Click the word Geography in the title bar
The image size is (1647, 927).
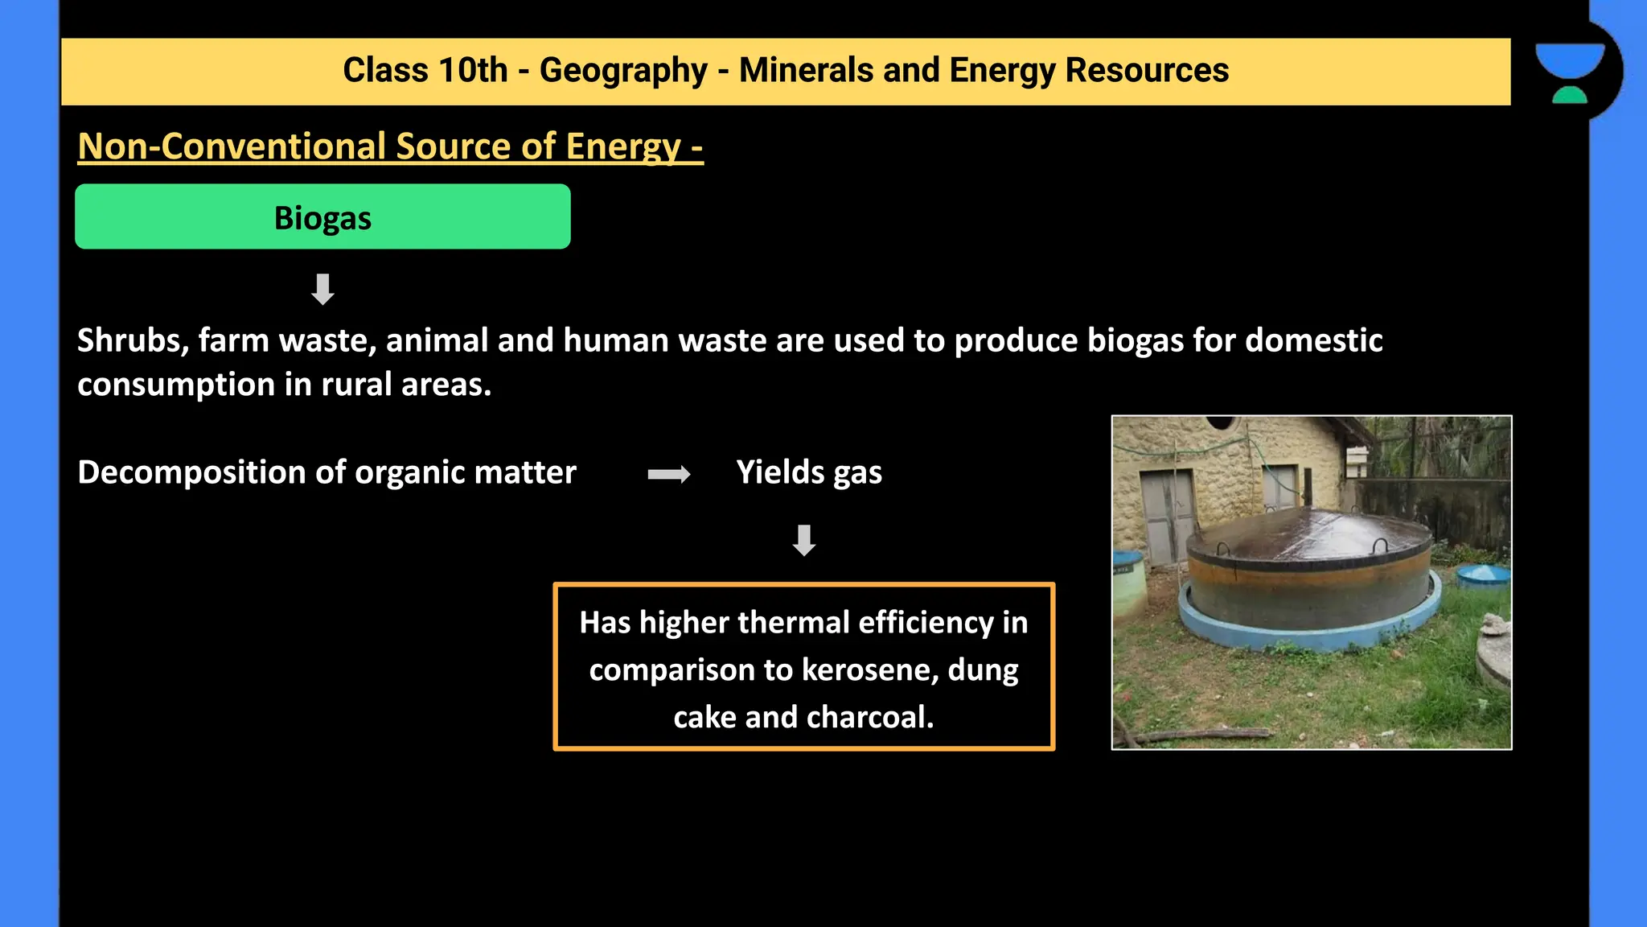623,71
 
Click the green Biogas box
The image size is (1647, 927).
322,217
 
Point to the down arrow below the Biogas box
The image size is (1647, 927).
322,289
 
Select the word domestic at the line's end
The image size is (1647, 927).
1314,341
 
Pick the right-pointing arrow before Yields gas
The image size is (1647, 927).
669,474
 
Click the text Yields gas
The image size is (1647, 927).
809,473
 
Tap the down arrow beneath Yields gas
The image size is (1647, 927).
804,540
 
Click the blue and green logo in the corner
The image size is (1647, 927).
1570,72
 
